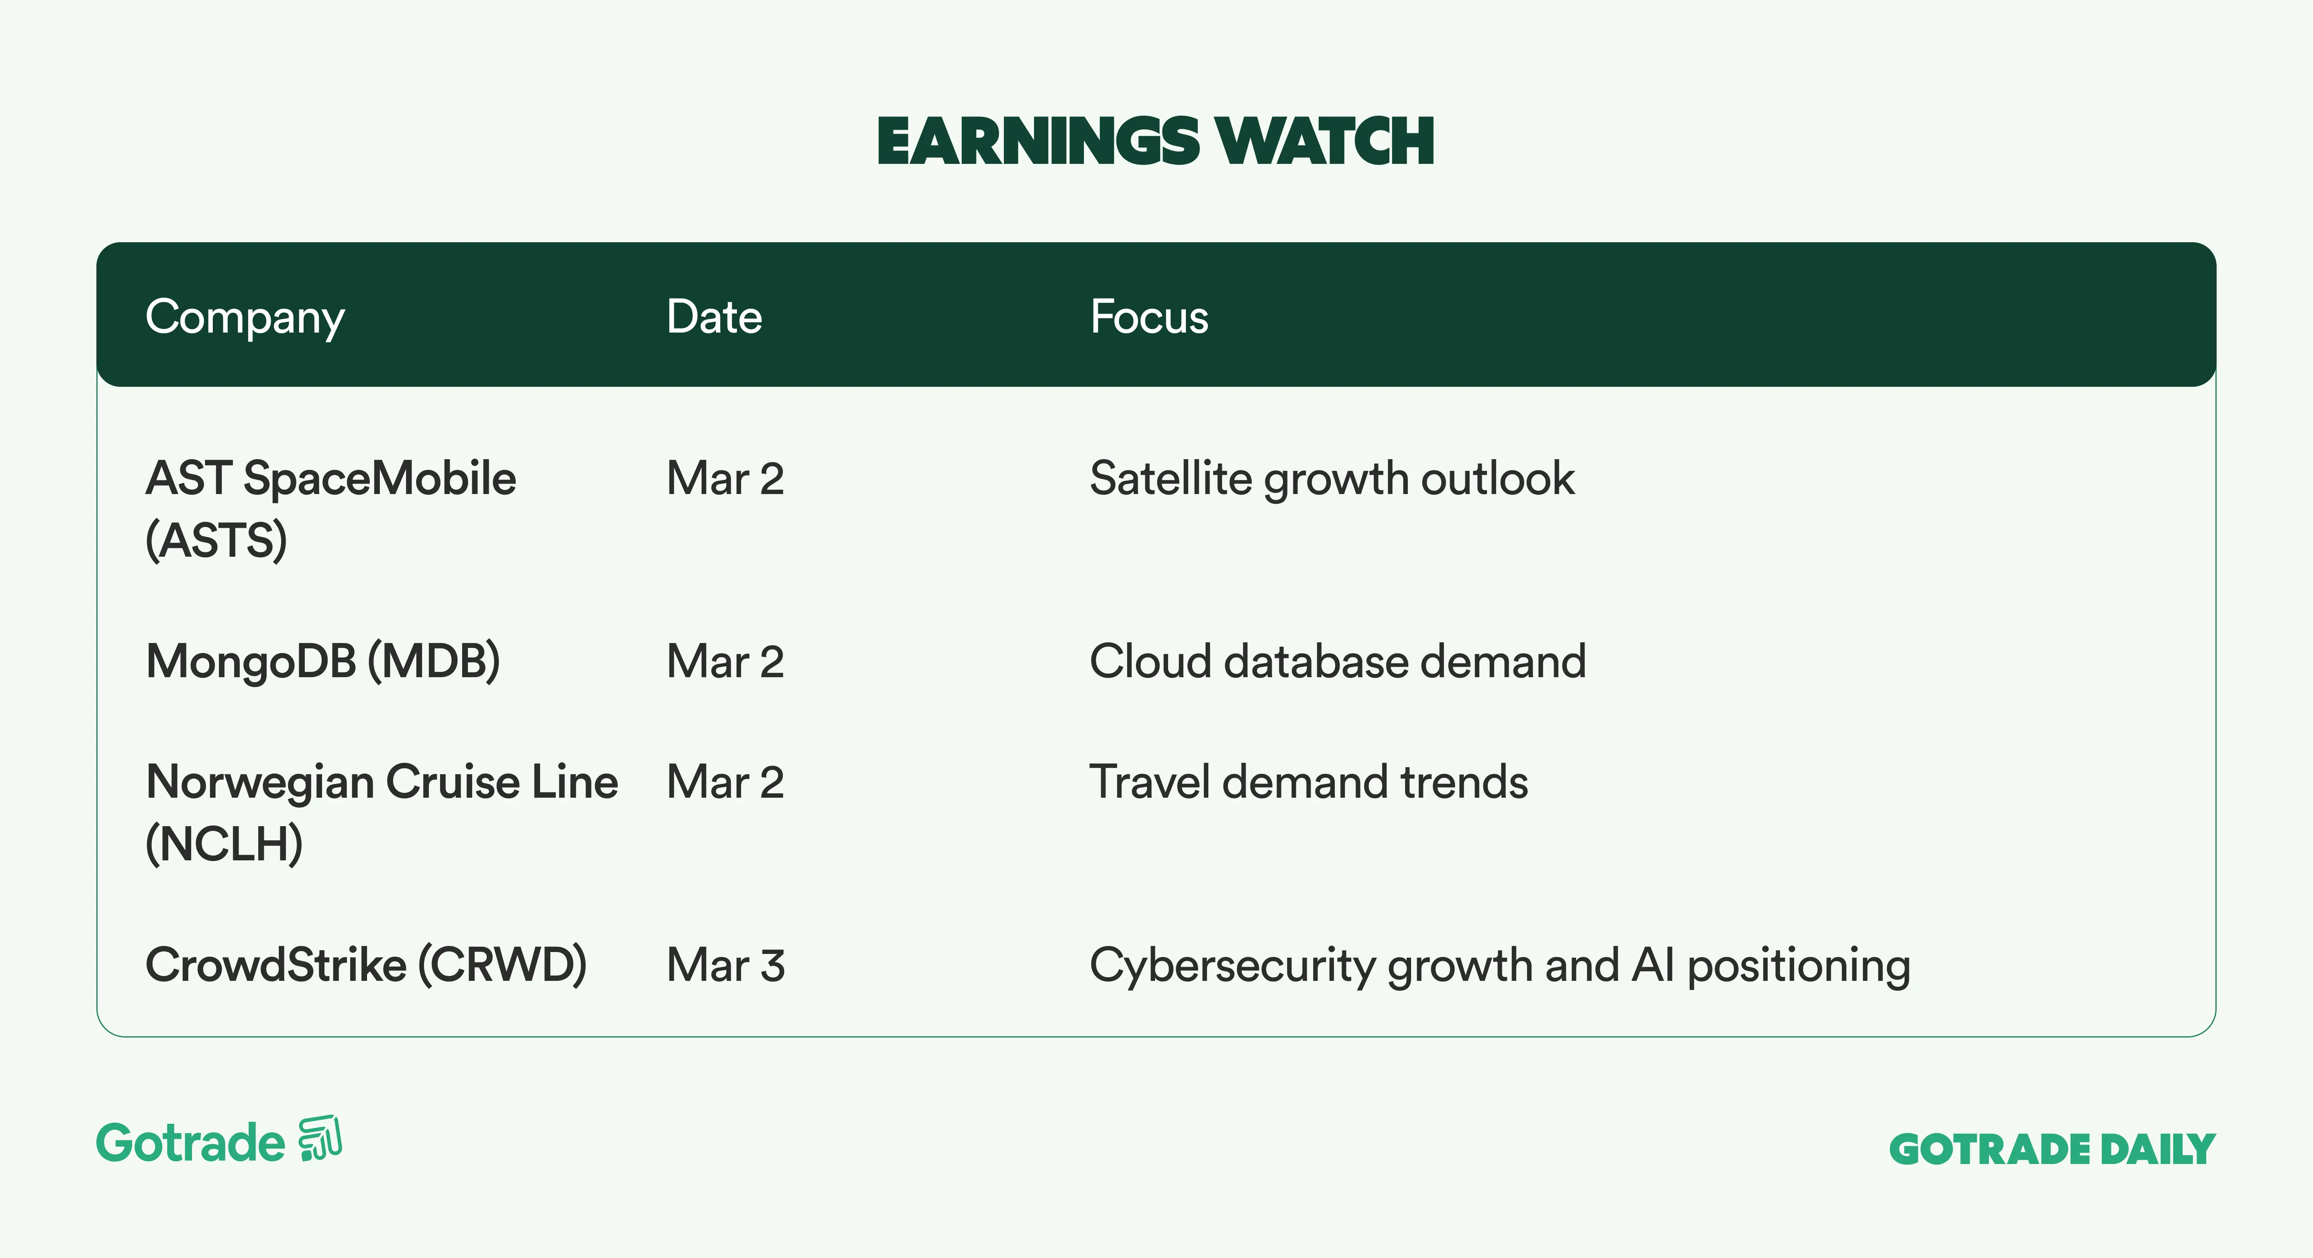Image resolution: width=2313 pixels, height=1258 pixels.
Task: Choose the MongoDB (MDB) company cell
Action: pyautogui.click(x=322, y=662)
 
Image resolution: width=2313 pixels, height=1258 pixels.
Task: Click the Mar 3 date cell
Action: pyautogui.click(x=726, y=965)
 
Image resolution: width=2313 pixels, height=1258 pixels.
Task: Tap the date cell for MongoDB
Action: pyautogui.click(x=726, y=662)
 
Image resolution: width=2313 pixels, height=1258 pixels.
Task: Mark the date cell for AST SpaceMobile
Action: pyautogui.click(x=726, y=479)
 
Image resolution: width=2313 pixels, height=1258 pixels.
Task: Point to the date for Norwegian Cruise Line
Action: pyautogui.click(x=726, y=782)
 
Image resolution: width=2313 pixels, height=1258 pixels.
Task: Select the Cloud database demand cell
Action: pyautogui.click(x=1338, y=662)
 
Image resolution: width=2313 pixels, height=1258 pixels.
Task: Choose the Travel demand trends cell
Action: pyautogui.click(x=1308, y=782)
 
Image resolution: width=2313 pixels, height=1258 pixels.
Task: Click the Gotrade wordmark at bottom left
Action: pyautogui.click(x=190, y=1143)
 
